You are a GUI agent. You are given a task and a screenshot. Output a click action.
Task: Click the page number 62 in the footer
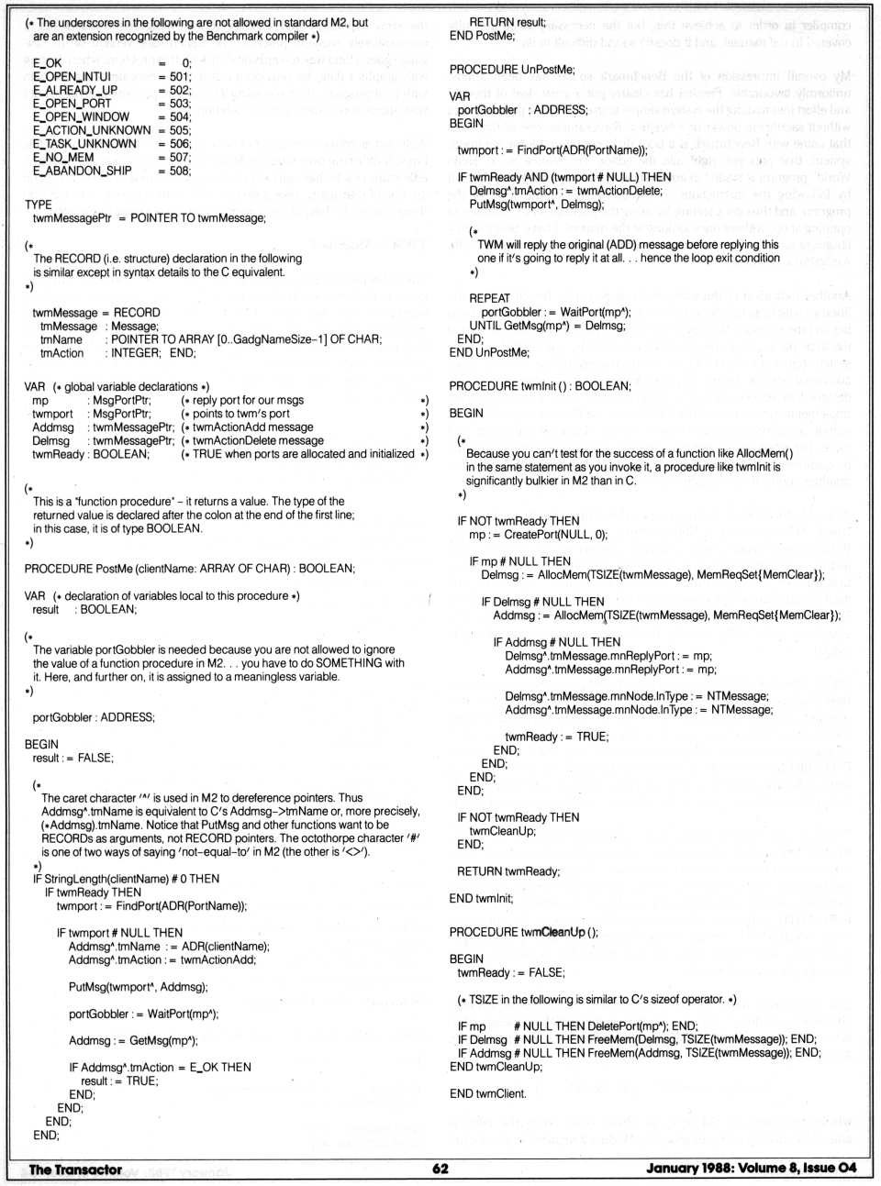tap(440, 1169)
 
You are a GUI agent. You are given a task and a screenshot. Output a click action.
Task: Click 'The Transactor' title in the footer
tap(75, 1169)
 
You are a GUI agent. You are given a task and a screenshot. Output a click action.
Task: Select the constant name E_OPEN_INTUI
tap(72, 77)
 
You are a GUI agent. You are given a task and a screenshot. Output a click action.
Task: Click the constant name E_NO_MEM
tap(63, 157)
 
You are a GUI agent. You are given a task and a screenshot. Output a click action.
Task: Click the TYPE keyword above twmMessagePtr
tap(39, 205)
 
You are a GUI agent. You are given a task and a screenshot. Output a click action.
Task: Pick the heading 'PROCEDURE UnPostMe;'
tap(511, 70)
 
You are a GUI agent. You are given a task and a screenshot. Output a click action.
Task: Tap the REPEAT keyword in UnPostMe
tap(489, 298)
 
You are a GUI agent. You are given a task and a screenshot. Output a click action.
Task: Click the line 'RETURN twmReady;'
tap(508, 871)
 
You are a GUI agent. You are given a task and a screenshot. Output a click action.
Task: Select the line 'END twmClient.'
tap(488, 1093)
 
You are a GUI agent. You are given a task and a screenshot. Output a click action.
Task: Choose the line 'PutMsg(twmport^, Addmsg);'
tap(138, 987)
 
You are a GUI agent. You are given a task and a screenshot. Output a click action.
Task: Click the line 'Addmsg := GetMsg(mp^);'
tap(133, 1041)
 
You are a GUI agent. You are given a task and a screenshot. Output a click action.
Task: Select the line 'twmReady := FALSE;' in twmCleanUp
tap(511, 972)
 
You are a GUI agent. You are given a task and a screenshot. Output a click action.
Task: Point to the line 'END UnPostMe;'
tap(489, 352)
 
